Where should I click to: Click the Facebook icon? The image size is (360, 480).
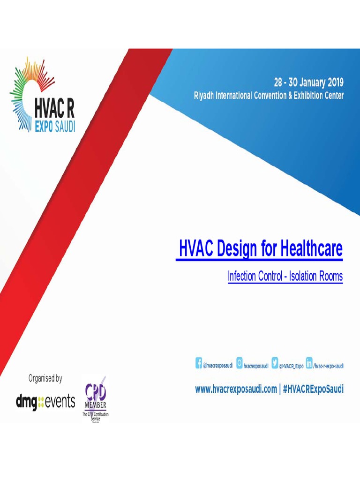199,363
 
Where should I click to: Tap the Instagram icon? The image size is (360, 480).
240,363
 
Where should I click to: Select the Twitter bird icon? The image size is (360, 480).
275,363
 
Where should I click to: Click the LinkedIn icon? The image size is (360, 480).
309,363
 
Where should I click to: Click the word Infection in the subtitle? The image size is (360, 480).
242,277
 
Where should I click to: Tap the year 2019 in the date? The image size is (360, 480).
334,83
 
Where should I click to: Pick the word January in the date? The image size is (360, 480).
306,83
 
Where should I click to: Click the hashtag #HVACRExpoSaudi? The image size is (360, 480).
313,389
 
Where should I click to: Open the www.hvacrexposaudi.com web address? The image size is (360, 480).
236,389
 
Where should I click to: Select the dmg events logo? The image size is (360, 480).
45,401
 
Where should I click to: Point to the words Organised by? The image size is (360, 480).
45,378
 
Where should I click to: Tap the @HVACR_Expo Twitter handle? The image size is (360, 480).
291,366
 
